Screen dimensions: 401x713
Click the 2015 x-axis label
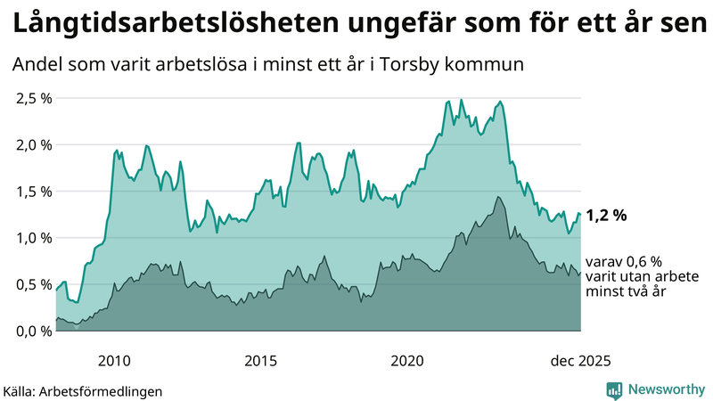click(261, 360)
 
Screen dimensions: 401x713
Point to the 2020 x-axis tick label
click(407, 360)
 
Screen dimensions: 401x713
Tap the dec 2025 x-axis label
click(580, 360)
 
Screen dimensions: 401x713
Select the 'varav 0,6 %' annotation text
click(624, 263)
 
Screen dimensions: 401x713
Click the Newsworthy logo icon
click(614, 389)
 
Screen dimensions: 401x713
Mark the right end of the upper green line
click(580, 214)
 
